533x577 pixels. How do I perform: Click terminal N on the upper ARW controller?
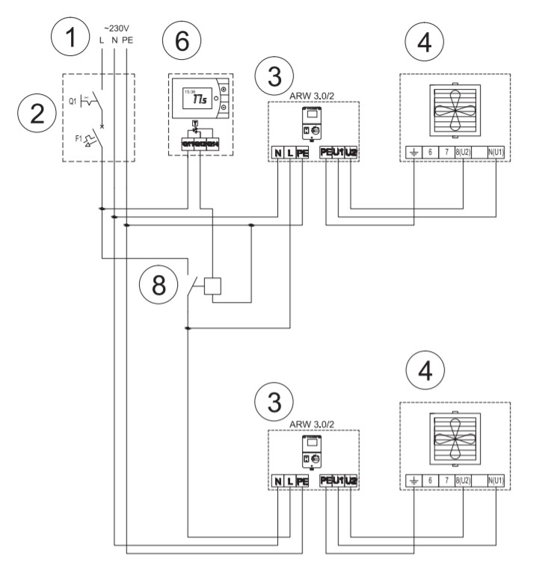[278, 152]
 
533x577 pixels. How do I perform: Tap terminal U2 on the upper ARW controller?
[351, 152]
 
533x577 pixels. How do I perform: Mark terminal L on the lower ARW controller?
[290, 481]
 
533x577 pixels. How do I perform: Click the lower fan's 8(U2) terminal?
[462, 481]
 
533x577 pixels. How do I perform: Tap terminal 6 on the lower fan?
[430, 481]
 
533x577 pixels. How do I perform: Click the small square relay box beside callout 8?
[215, 286]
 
